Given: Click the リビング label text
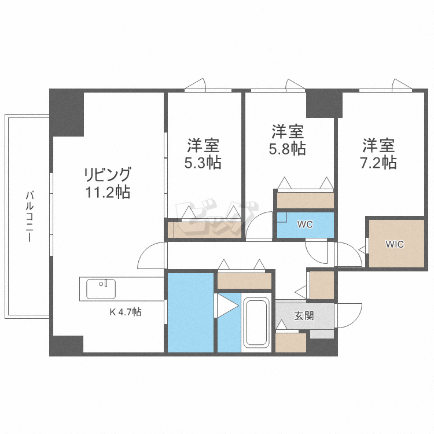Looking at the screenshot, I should [x=108, y=174].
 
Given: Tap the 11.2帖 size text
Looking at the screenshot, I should [x=108, y=192].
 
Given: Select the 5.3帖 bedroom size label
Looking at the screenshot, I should [x=203, y=163].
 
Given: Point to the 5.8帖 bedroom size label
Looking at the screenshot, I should [x=287, y=148].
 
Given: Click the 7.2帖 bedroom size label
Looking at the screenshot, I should [x=378, y=162].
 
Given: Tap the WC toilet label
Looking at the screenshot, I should [x=305, y=225].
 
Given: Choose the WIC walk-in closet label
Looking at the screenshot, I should [x=395, y=244].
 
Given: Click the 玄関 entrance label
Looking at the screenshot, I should [x=304, y=316].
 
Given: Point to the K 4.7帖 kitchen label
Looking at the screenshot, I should [x=126, y=312].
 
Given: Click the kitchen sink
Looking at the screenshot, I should [x=101, y=288].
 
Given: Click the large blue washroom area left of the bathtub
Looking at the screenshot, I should [x=191, y=312].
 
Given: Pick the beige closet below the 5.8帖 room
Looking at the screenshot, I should [x=305, y=200].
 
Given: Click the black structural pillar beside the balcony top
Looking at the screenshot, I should [x=67, y=112].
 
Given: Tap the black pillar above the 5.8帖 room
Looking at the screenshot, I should [x=320, y=103].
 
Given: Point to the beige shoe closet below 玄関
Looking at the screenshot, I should [x=290, y=343].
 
